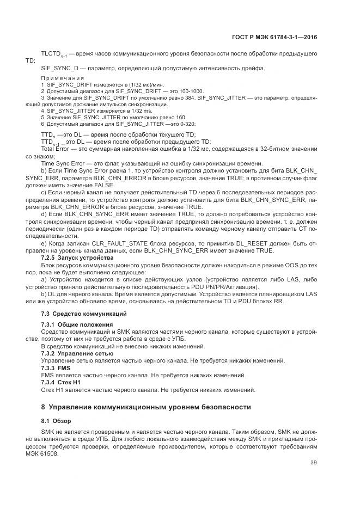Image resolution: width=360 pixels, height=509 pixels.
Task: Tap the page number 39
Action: click(x=313, y=464)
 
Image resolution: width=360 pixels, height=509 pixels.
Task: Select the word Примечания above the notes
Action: click(x=62, y=78)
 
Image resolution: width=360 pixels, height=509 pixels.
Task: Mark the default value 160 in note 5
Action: click(x=181, y=117)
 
